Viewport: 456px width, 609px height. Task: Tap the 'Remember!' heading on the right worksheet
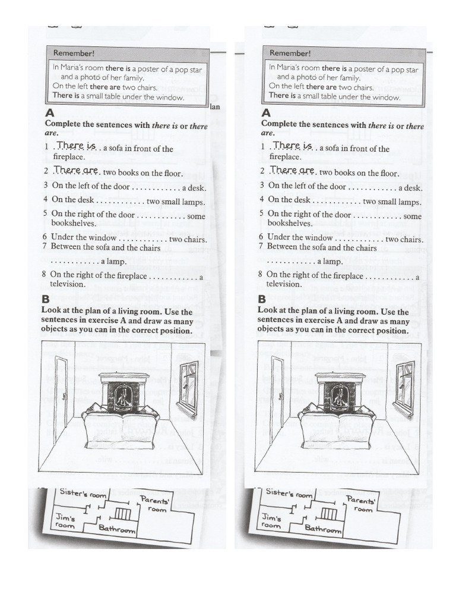point(290,54)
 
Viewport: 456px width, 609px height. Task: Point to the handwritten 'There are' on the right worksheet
point(290,170)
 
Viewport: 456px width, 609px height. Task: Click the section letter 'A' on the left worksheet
point(49,112)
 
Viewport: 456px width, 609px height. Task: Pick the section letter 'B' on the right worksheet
point(263,299)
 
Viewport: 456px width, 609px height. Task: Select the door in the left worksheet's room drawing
point(61,399)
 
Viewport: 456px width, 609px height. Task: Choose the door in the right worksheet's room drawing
point(277,399)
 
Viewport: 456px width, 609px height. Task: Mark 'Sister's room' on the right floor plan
point(289,493)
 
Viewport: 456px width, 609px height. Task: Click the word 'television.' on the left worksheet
point(68,284)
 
